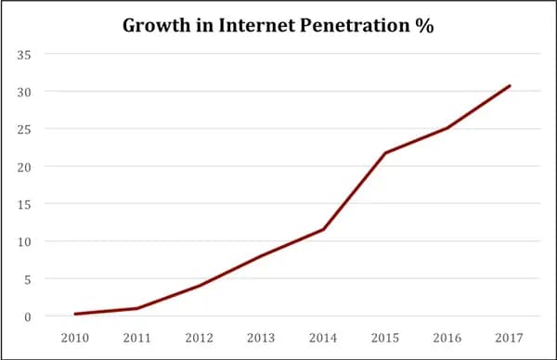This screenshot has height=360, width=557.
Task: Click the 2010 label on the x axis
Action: point(74,339)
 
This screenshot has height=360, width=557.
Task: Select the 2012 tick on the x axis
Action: point(199,339)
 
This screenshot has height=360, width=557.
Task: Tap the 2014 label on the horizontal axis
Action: point(323,339)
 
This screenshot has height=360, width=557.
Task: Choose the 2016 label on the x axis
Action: point(447,339)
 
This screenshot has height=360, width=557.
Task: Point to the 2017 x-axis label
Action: point(510,339)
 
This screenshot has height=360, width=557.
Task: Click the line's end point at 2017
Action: point(510,86)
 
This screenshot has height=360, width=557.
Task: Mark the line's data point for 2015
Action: point(385,153)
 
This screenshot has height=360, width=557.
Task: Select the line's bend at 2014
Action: point(323,229)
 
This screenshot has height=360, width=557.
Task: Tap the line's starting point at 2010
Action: point(74,314)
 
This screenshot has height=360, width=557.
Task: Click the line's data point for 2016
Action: point(447,128)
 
